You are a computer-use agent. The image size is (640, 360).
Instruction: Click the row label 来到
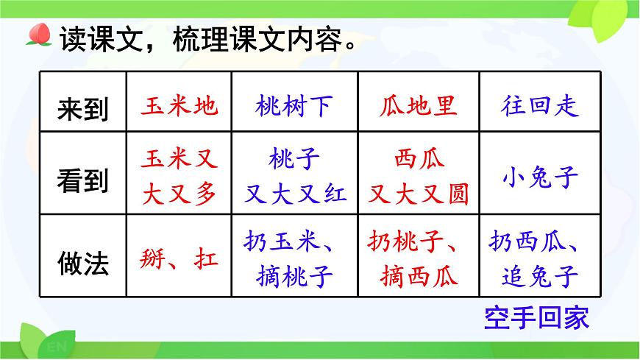pyautogui.click(x=82, y=109)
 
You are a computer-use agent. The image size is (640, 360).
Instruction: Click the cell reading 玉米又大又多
pyautogui.click(x=179, y=177)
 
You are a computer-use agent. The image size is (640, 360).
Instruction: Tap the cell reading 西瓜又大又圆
pyautogui.click(x=419, y=177)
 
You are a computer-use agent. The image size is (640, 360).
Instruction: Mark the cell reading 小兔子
pyautogui.click(x=540, y=177)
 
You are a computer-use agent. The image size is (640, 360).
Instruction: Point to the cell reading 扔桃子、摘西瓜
pyautogui.click(x=419, y=258)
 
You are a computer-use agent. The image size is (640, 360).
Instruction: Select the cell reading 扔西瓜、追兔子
pyautogui.click(x=540, y=258)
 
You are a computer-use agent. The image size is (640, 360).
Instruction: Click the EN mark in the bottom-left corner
pyautogui.click(x=55, y=346)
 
